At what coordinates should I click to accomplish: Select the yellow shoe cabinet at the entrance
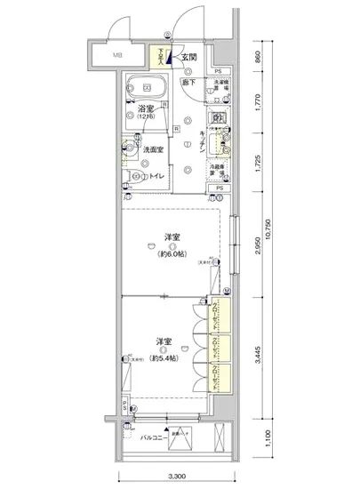163,58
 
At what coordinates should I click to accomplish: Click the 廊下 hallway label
188,81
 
